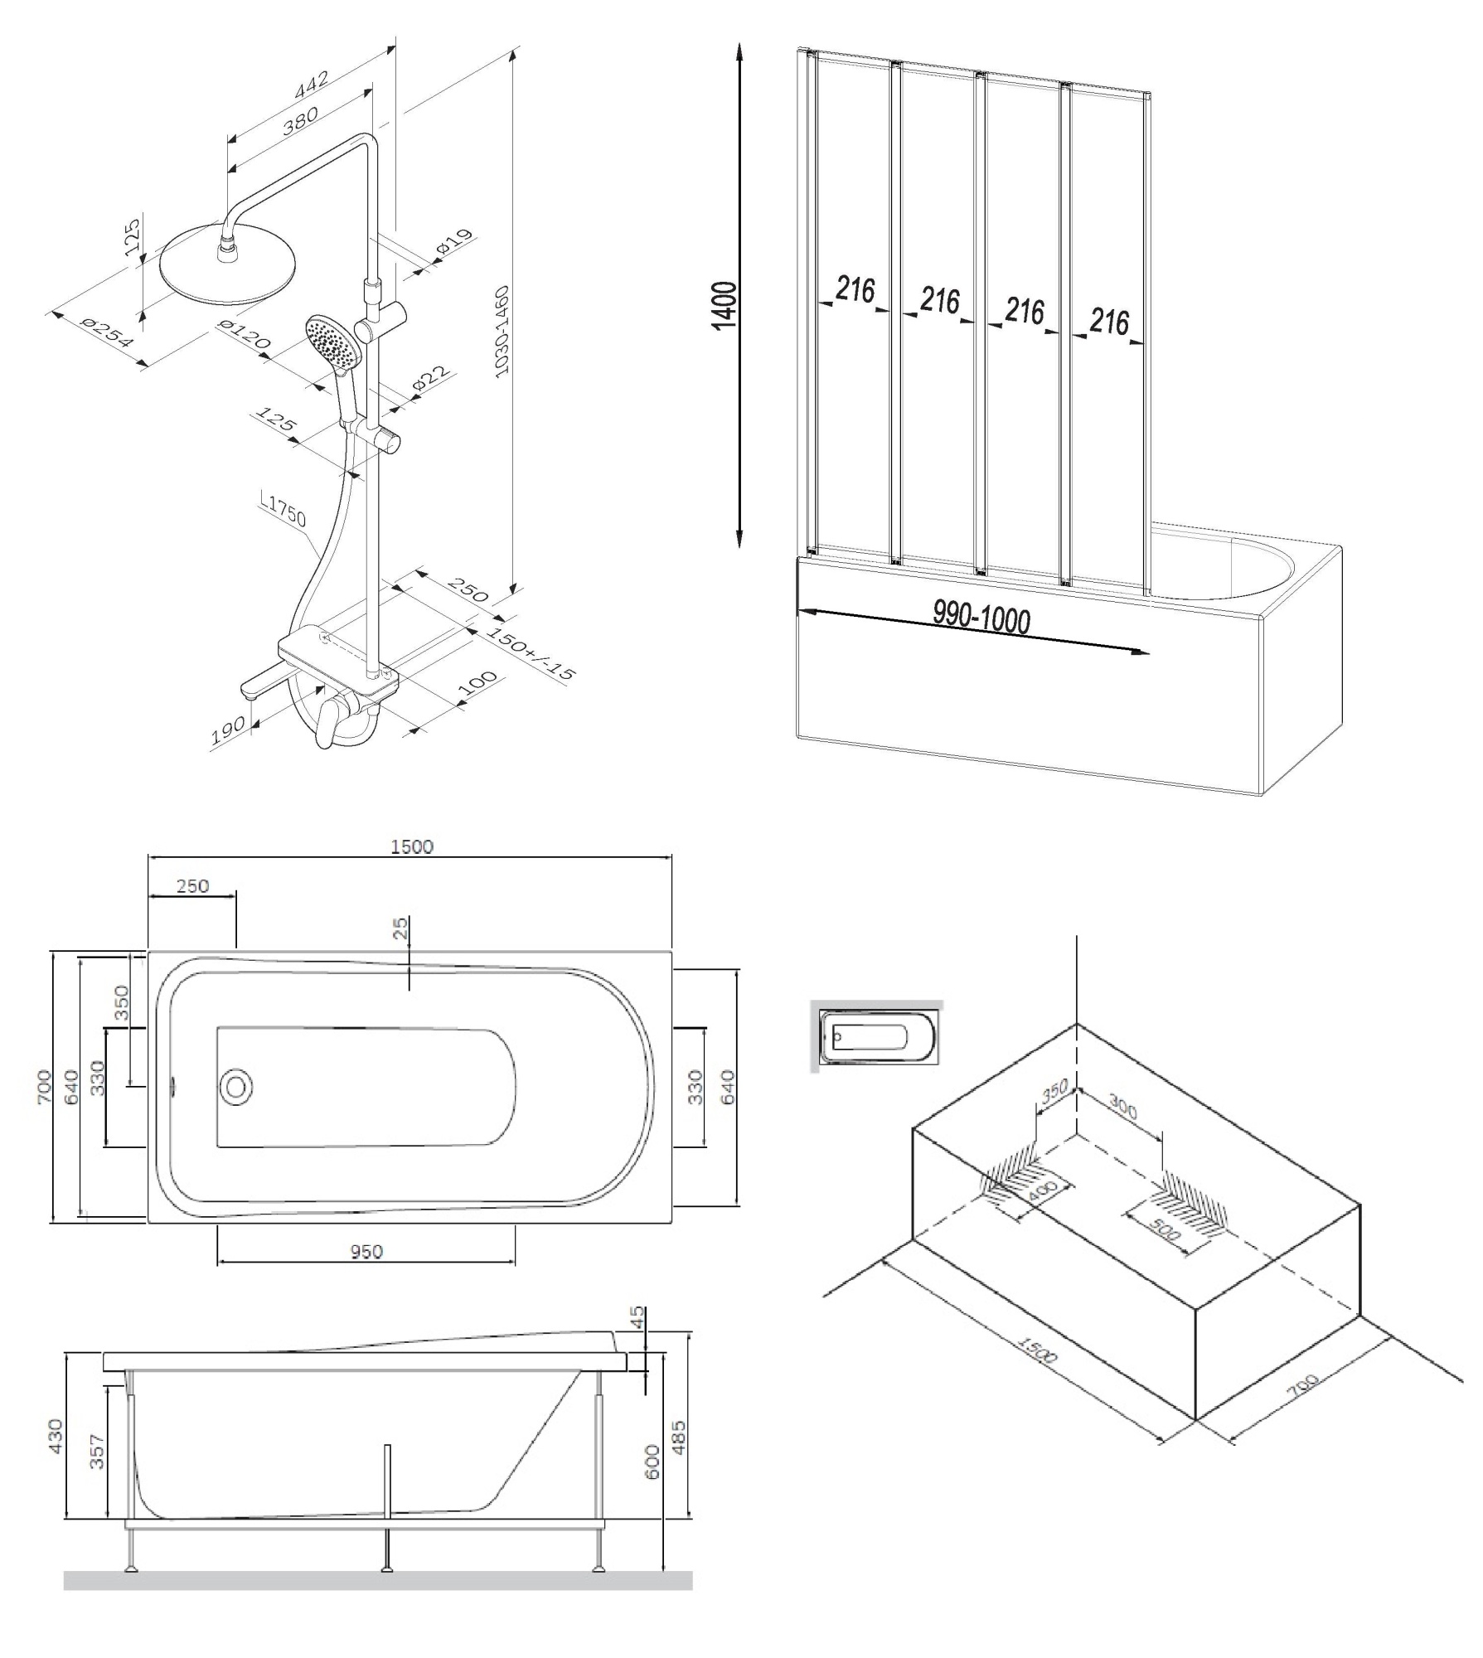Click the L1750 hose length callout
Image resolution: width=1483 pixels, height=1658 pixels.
click(286, 514)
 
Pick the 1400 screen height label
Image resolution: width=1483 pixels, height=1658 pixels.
click(724, 304)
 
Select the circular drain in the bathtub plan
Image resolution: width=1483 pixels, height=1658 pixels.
click(237, 1087)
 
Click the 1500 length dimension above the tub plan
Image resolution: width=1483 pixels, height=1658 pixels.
click(412, 846)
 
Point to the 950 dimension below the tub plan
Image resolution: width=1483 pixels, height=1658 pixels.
click(366, 1251)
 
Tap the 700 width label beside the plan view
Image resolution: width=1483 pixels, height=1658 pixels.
click(44, 1086)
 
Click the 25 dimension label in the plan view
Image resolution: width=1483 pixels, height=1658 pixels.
click(401, 929)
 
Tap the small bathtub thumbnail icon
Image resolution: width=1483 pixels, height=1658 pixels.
click(878, 1036)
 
